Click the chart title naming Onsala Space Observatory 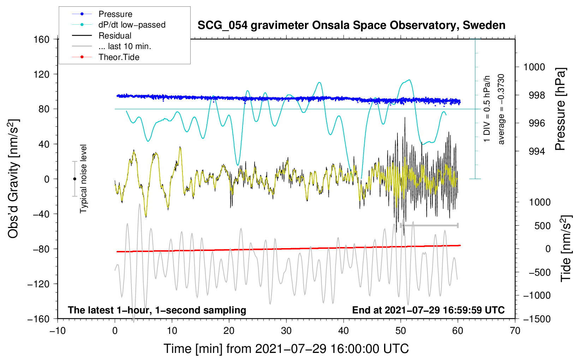[x=351, y=25]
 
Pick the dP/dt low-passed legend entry [x=132, y=25]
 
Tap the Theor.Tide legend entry [x=119, y=57]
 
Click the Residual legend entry [x=115, y=36]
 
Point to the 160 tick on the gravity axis [x=42, y=39]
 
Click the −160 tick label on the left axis [x=38, y=319]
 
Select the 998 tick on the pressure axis [x=534, y=95]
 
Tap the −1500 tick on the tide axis [x=536, y=319]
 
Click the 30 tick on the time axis [x=286, y=331]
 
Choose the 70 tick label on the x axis [x=515, y=331]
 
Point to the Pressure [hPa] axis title [x=561, y=109]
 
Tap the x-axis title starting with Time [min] [x=286, y=349]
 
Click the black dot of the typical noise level [x=74, y=179]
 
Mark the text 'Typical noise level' [x=83, y=179]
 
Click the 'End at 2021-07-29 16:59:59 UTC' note [x=428, y=310]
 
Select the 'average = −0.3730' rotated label [x=501, y=109]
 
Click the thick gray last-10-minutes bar [x=429, y=225]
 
